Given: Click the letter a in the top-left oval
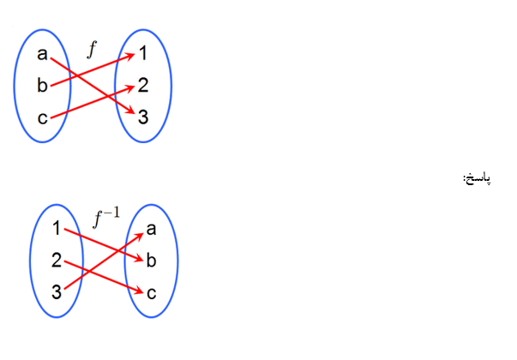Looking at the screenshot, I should point(42,55).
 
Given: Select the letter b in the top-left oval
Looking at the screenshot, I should point(42,86).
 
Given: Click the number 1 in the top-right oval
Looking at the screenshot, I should point(143,54).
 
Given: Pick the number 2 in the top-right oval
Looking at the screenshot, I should point(143,85).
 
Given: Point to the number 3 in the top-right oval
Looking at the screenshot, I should point(143,116).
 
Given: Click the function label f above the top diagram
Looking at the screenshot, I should point(93,49).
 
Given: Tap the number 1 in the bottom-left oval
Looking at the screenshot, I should point(56,228).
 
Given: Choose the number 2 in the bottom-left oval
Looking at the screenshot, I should point(56,261).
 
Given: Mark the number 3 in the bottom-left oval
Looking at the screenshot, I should point(56,292).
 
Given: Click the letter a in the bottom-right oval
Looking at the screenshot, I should point(152,228).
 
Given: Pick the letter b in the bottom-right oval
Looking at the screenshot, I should point(152,260).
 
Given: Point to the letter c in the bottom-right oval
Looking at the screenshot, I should point(152,292).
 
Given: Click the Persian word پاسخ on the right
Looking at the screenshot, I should point(478,178).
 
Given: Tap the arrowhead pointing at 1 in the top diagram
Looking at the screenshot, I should point(130,56).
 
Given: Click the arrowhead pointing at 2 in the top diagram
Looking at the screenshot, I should point(130,86).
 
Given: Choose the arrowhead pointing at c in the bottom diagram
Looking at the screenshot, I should point(139,291).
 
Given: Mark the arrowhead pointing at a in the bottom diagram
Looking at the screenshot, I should point(139,231).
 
